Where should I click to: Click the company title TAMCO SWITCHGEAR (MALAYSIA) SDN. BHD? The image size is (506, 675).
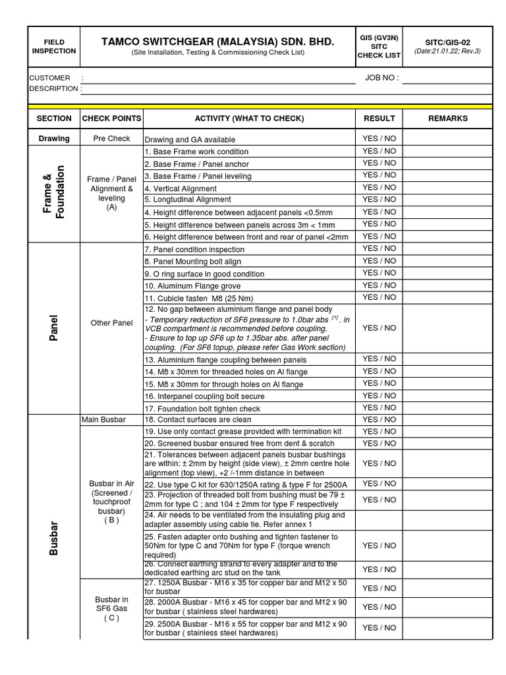(217, 42)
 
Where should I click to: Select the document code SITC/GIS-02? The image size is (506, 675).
(447, 42)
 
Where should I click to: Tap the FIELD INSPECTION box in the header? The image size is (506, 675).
(54, 46)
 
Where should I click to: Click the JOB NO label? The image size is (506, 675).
(381, 78)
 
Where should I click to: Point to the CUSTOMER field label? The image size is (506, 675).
(49, 78)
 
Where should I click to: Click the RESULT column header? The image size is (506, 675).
(379, 119)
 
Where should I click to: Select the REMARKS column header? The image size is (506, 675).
(447, 119)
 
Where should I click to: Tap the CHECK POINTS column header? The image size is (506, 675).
(111, 119)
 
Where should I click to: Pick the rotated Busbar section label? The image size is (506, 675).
(54, 537)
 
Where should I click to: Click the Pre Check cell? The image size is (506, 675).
(111, 138)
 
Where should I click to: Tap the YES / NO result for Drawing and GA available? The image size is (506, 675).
(379, 138)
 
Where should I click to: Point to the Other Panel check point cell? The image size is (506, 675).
(111, 323)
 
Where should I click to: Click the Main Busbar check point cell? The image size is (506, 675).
(103, 420)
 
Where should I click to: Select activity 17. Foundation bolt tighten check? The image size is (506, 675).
(202, 409)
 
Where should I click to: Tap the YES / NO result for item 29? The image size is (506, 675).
(379, 628)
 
